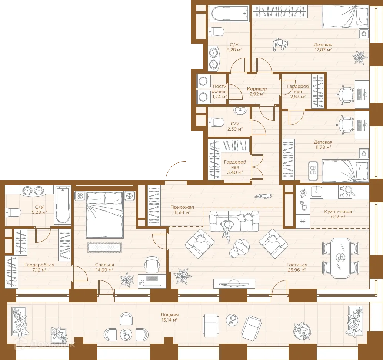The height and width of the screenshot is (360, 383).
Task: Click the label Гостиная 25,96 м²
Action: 297,267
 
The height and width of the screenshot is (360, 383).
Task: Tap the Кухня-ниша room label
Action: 338,211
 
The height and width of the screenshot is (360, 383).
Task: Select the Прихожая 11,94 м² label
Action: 182,210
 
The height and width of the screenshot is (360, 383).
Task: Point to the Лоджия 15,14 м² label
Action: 170,317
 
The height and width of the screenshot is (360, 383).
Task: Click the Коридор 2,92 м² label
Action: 257,91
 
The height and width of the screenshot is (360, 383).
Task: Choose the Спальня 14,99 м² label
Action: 104,267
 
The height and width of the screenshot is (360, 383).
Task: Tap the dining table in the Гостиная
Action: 341,258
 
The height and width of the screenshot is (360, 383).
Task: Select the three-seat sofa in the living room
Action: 234,221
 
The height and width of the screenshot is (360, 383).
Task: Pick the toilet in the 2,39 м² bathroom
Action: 216,122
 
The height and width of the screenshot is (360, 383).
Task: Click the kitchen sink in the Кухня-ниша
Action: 317,192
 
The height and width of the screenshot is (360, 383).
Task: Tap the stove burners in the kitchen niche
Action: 345,192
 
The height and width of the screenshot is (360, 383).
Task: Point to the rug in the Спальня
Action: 104,248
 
